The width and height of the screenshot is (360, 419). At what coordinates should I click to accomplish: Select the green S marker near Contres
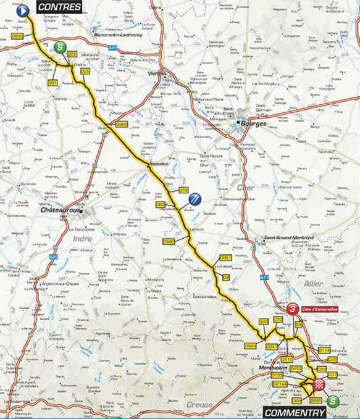pyautogui.click(x=60, y=48)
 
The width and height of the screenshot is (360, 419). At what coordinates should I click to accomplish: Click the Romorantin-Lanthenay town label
pyautogui.click(x=119, y=37)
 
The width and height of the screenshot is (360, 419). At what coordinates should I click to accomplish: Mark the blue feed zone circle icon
pyautogui.click(x=195, y=199)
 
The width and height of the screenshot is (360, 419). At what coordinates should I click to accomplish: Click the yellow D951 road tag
pyautogui.click(x=225, y=257)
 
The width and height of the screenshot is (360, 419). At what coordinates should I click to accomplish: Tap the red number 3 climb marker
pyautogui.click(x=292, y=309)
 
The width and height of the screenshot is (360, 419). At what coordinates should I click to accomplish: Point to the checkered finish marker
pyautogui.click(x=319, y=385)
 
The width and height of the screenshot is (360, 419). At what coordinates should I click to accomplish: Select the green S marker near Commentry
pyautogui.click(x=334, y=401)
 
